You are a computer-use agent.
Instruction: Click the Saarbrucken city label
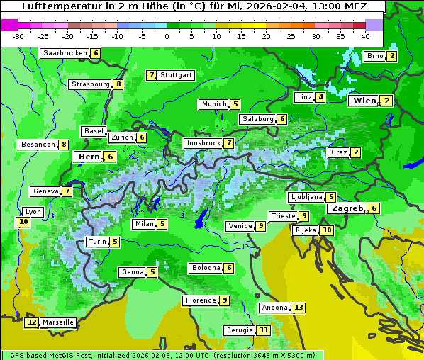click(65, 53)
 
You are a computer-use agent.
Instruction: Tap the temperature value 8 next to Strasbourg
click(118, 84)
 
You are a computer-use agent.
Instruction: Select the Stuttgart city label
click(177, 75)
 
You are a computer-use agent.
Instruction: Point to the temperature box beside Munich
click(235, 104)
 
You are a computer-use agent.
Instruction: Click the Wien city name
click(365, 101)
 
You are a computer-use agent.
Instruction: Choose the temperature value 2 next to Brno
click(391, 56)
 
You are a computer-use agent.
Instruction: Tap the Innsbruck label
click(203, 143)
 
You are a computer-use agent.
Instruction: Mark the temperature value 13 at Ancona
click(299, 308)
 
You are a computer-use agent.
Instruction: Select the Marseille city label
click(58, 322)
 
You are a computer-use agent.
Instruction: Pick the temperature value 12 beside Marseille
click(31, 322)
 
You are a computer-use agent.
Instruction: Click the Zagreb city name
click(347, 208)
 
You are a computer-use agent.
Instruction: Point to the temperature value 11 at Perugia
click(264, 330)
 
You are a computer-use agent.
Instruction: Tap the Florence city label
click(200, 300)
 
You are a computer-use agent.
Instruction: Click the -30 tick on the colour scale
click(19, 36)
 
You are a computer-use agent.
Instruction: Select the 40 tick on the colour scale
click(365, 36)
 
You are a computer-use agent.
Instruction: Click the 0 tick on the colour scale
click(167, 36)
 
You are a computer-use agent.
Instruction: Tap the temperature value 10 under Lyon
click(23, 222)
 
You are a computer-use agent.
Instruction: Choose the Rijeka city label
click(306, 230)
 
